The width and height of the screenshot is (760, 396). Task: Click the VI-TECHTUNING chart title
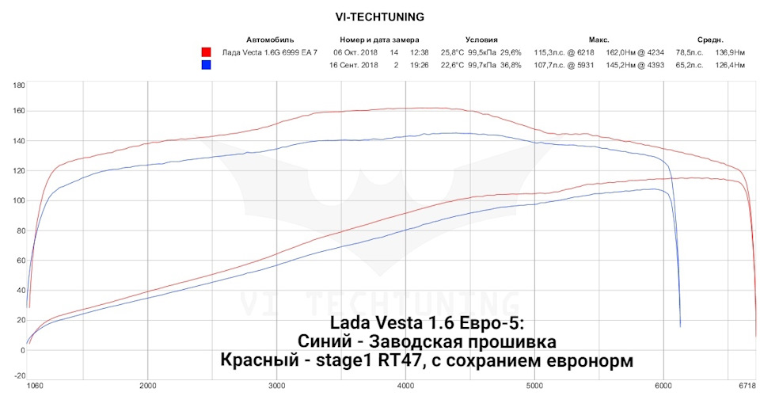(x=379, y=16)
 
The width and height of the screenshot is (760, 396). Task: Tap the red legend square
(x=207, y=52)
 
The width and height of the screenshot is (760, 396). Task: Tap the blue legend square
(x=207, y=65)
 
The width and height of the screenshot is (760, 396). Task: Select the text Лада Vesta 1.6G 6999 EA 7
(x=270, y=52)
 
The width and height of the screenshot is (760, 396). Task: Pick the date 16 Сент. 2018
(x=354, y=65)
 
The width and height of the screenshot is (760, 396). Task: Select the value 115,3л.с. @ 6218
(x=564, y=52)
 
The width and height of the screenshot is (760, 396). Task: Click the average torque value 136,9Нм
(x=729, y=52)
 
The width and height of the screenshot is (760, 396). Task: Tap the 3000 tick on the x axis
(x=276, y=386)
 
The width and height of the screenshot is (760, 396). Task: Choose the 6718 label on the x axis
(x=747, y=386)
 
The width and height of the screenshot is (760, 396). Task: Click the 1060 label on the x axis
(x=36, y=386)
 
